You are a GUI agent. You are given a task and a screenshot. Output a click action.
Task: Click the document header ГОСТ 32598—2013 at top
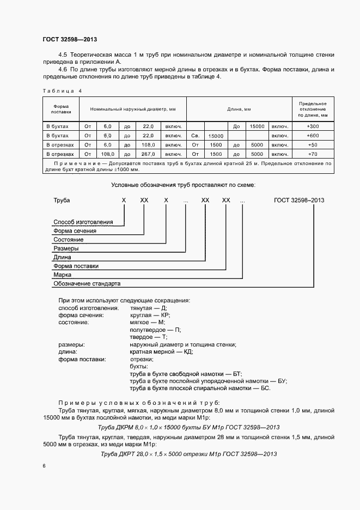(x=69, y=39)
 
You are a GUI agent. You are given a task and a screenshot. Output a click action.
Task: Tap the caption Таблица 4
(x=62, y=90)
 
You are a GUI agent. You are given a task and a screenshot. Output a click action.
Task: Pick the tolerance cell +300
(x=313, y=126)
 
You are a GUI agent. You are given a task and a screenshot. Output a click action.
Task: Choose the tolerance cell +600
(x=313, y=135)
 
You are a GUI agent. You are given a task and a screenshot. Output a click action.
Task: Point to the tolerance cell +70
(x=313, y=154)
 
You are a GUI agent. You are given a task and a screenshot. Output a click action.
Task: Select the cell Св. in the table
(x=196, y=135)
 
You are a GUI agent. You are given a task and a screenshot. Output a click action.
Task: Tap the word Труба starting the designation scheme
(x=62, y=201)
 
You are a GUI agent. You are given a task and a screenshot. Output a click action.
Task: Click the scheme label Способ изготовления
(x=83, y=222)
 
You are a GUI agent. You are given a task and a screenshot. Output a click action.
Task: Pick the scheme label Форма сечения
(x=75, y=230)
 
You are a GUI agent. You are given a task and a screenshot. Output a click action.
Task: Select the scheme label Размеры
(x=66, y=248)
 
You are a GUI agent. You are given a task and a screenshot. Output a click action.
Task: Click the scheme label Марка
(x=63, y=275)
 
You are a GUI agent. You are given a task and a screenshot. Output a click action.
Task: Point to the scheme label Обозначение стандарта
(x=87, y=284)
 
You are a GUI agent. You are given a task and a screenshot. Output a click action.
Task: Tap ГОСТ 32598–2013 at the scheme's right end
(x=299, y=201)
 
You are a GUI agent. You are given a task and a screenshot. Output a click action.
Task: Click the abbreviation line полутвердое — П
(x=155, y=330)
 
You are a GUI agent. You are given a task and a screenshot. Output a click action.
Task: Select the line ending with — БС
(x=200, y=388)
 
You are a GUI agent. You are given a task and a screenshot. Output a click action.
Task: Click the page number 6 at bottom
(x=44, y=466)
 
